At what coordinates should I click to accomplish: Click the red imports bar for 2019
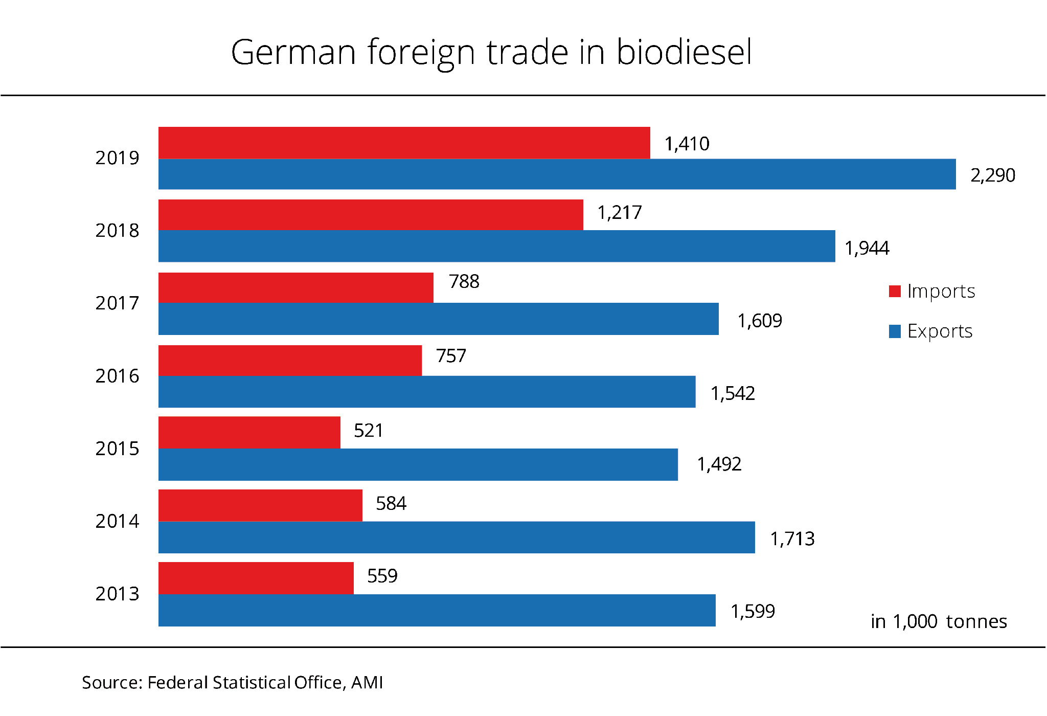pos(404,143)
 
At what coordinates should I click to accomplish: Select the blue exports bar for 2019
pos(557,174)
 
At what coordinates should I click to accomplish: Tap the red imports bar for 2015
pos(249,433)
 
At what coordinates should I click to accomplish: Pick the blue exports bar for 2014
pos(457,538)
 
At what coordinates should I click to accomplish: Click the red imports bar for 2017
pos(295,287)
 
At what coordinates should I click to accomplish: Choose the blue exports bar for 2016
pos(427,392)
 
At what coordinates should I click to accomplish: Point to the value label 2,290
pos(992,175)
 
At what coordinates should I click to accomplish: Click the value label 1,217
pos(619,213)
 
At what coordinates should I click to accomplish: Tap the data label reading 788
pos(464,282)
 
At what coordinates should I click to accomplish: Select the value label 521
pos(368,431)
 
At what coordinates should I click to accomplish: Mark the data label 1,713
pos(792,539)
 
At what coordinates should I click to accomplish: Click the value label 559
pos(382,576)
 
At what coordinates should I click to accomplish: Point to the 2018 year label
pos(117,231)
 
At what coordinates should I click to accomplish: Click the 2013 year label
pos(117,594)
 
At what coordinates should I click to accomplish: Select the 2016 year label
pos(117,376)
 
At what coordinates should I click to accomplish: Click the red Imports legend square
pos(894,292)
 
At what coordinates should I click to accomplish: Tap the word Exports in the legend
pos(940,331)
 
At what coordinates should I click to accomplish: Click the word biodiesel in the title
pos(684,52)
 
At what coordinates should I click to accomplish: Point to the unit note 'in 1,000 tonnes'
pos(939,621)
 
